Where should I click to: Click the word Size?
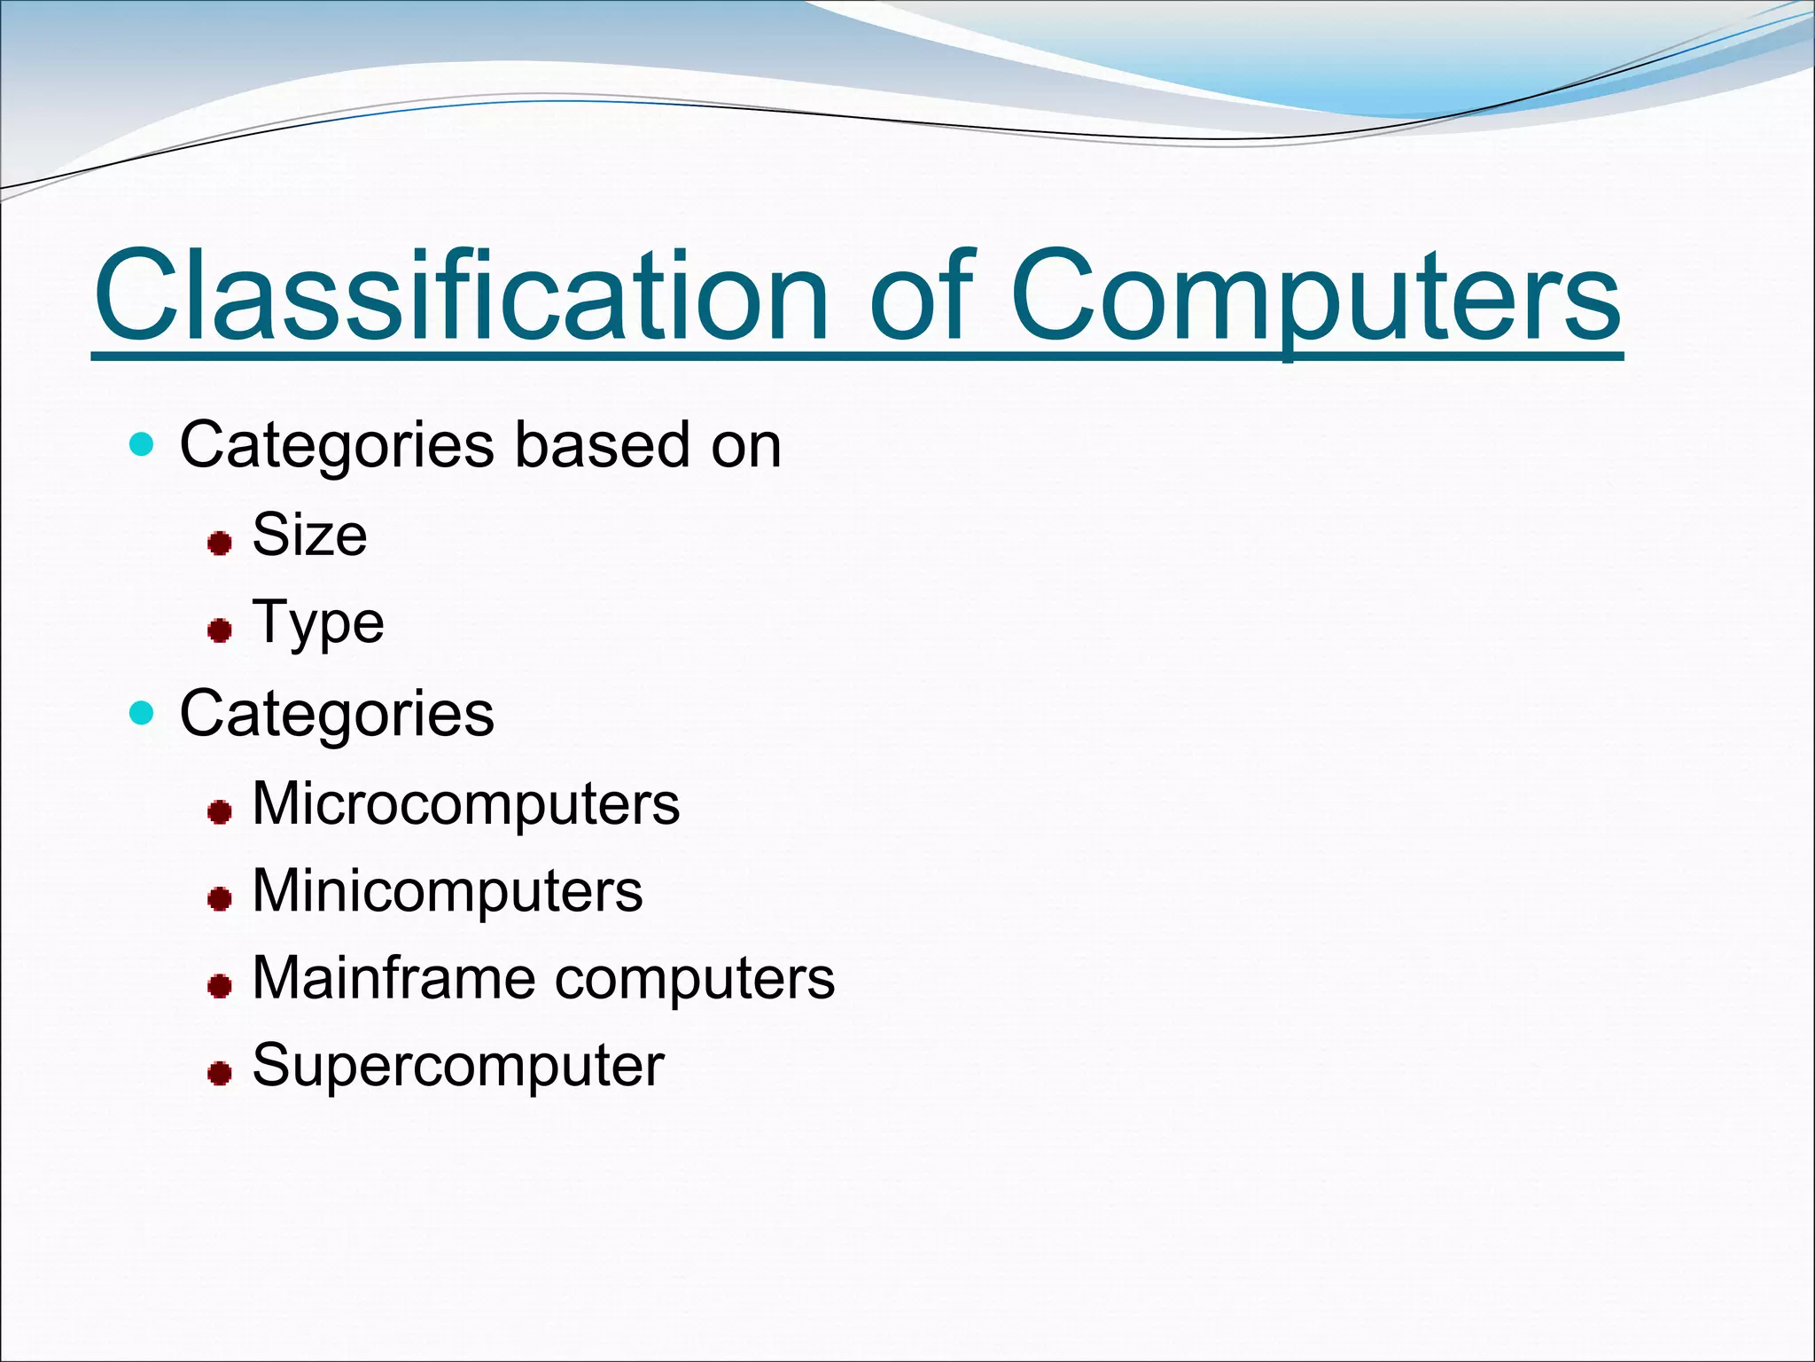point(309,535)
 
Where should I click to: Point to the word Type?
point(318,623)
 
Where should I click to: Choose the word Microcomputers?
point(466,803)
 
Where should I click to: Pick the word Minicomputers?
point(448,890)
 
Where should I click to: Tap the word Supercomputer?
point(458,1065)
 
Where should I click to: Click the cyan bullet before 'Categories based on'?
point(141,443)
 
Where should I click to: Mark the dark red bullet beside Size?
point(220,543)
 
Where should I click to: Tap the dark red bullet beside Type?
point(220,630)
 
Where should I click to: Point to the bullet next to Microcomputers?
point(220,811)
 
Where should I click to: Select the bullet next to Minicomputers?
point(220,899)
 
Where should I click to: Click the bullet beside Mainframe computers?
point(220,985)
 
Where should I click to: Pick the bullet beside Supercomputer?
point(220,1074)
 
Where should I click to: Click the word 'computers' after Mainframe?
point(695,979)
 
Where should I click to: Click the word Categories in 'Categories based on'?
point(337,445)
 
